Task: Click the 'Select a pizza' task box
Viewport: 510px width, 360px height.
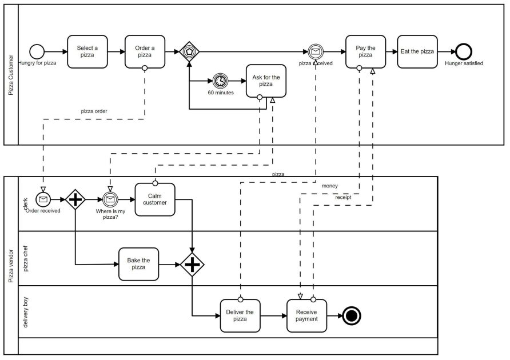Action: (x=87, y=51)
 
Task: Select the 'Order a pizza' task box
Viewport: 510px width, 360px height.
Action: (x=145, y=51)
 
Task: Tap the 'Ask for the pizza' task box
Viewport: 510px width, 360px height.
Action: (x=266, y=81)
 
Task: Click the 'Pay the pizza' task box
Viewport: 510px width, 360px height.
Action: (x=365, y=51)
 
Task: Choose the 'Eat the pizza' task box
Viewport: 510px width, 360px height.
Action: (x=417, y=51)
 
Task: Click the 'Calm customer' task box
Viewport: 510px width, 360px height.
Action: (x=154, y=199)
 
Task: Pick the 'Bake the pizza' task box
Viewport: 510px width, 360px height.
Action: (x=138, y=264)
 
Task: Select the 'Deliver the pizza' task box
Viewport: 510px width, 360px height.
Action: (x=240, y=315)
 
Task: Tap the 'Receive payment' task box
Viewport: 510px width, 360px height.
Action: (x=306, y=315)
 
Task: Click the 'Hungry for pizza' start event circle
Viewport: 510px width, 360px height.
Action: (x=37, y=51)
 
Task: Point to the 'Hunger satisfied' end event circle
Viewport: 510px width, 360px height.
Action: (x=464, y=51)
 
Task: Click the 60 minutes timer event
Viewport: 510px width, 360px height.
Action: (x=220, y=81)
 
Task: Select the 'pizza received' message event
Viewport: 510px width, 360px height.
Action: (x=316, y=51)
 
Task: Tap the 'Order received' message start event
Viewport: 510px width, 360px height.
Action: (x=43, y=199)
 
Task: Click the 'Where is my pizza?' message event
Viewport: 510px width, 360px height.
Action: (x=110, y=199)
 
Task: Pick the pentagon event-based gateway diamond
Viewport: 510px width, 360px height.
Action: (x=189, y=51)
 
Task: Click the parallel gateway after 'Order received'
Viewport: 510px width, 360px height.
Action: (x=75, y=199)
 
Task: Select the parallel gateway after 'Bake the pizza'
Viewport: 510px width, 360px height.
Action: (x=192, y=264)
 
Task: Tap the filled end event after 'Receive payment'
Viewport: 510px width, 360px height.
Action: (x=352, y=315)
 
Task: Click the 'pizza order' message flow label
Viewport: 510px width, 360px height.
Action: (x=94, y=111)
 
